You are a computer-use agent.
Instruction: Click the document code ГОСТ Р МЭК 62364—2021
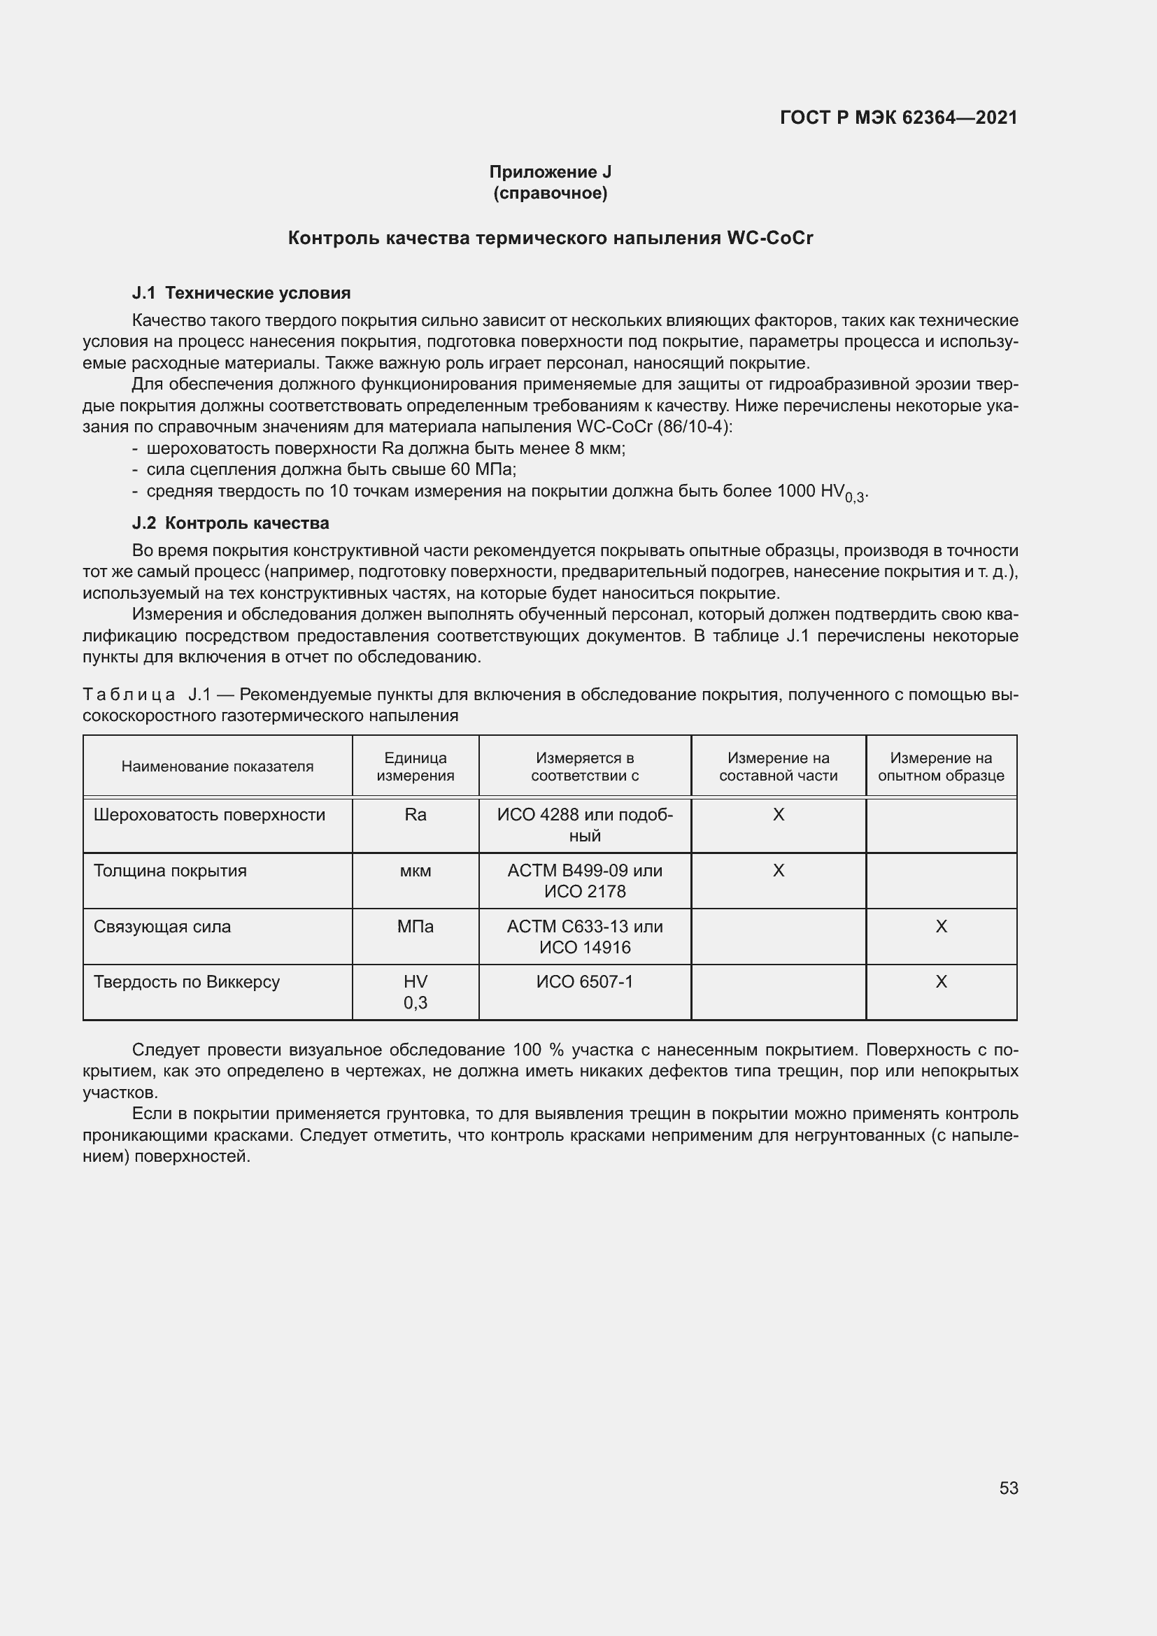(898, 118)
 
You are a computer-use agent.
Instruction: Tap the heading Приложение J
(550, 172)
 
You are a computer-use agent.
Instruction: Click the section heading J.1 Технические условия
(241, 293)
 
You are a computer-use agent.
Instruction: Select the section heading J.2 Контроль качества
(231, 523)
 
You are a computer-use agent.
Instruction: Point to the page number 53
(1008, 1488)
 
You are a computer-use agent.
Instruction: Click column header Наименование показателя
(218, 767)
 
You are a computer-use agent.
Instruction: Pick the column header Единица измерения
(416, 767)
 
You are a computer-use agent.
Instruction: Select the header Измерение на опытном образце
(940, 767)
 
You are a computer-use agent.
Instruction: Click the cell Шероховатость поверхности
(209, 814)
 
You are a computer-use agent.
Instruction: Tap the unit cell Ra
(416, 814)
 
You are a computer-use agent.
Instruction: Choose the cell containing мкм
(416, 871)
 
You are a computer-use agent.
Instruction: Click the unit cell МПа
(416, 926)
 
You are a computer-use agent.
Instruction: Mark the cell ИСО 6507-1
(584, 982)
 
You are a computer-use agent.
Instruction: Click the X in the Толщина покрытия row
(778, 871)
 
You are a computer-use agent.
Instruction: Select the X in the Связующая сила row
(940, 926)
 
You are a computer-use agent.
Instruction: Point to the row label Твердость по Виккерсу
(187, 982)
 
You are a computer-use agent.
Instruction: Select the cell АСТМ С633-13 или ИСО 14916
(584, 937)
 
